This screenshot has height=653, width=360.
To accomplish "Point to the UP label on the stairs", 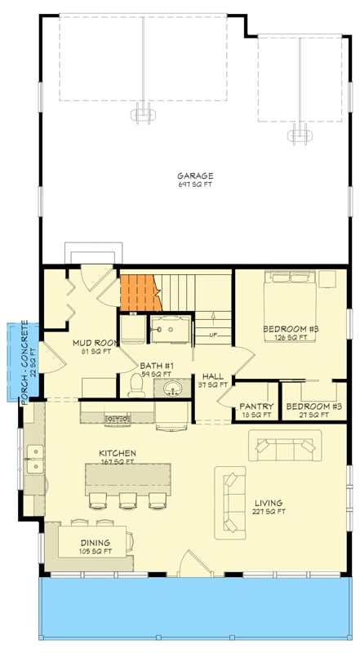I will (x=213, y=335).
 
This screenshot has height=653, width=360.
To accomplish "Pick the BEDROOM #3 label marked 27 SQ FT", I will (x=314, y=406).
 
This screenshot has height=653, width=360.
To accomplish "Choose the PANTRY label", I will (x=256, y=406).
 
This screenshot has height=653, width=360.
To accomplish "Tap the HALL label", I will (x=213, y=376).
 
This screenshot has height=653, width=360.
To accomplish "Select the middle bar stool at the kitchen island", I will (x=127, y=499).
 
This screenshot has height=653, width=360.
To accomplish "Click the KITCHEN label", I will (x=118, y=453).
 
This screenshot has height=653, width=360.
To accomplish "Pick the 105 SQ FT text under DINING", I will (x=96, y=551).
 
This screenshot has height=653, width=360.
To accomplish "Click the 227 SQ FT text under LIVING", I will (x=270, y=512).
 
